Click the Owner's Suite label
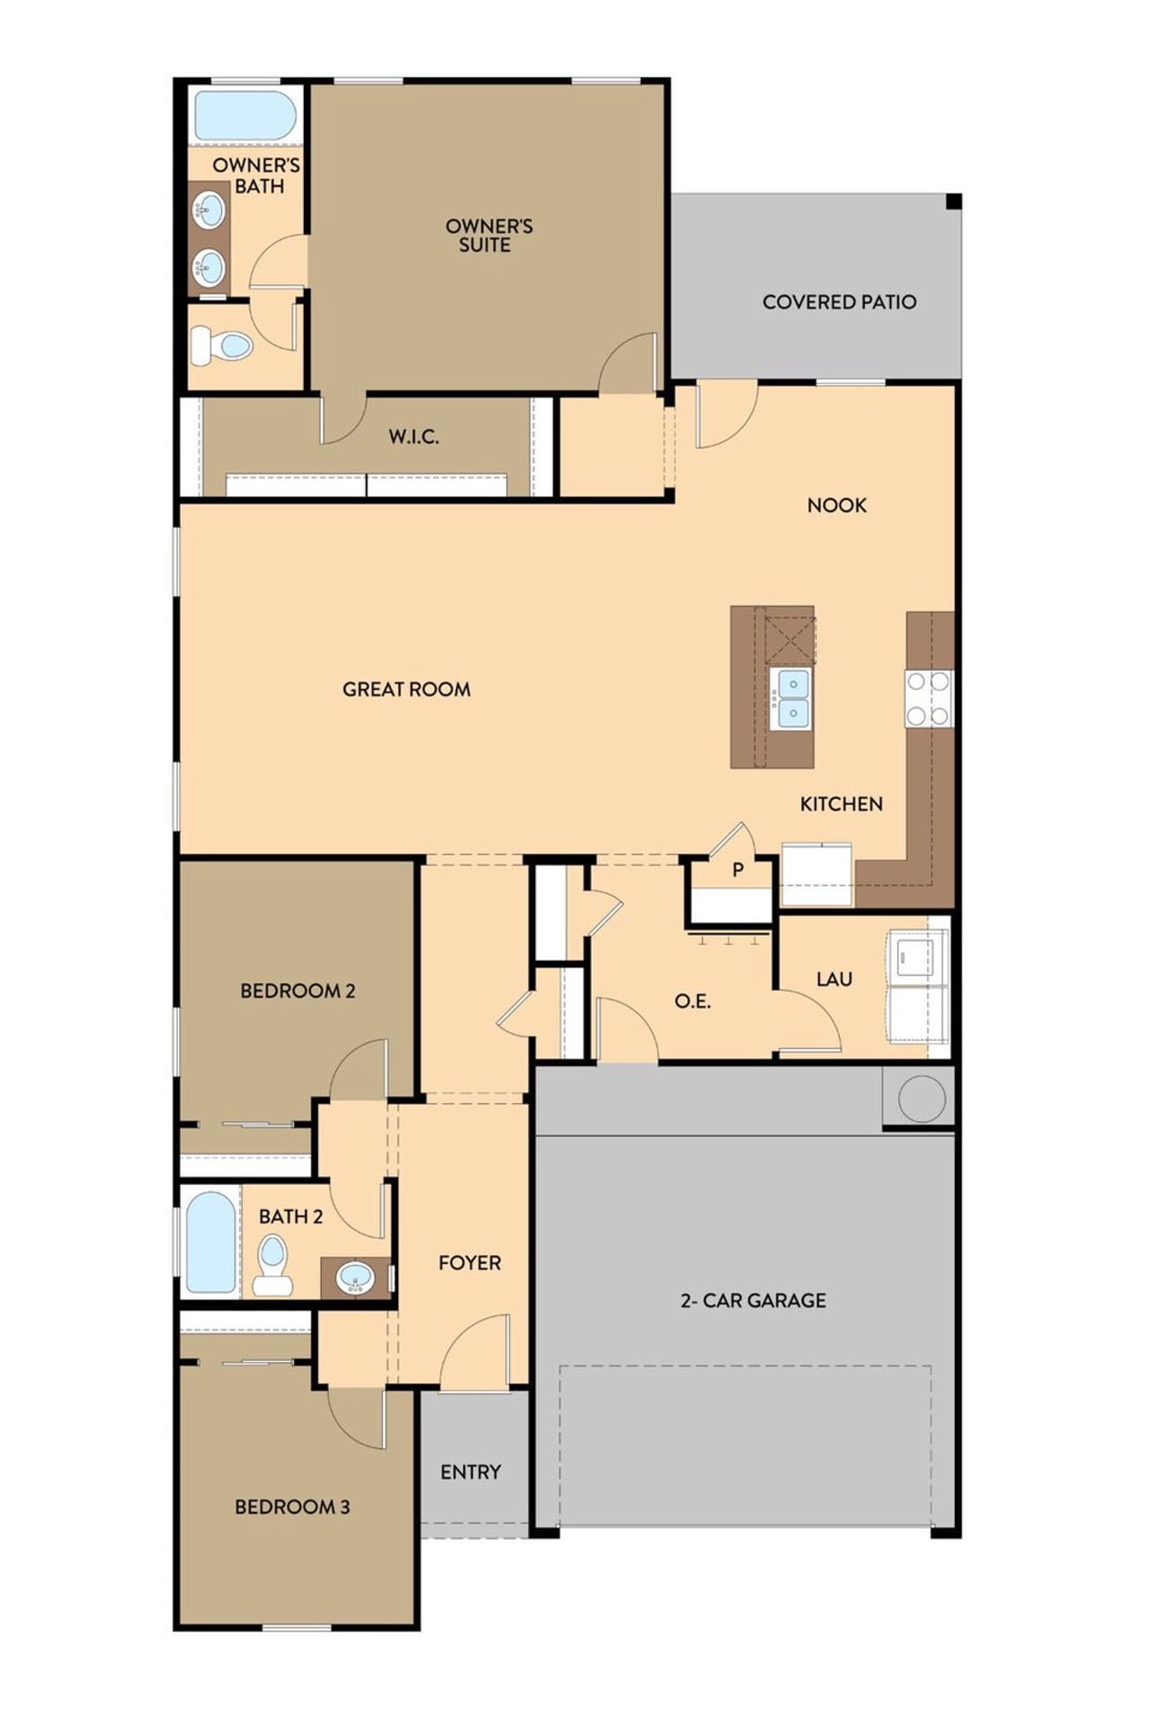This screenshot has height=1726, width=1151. click(x=488, y=236)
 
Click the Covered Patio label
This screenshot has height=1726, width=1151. click(x=839, y=302)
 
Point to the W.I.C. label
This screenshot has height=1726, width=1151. click(x=414, y=438)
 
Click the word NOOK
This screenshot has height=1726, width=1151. click(x=836, y=505)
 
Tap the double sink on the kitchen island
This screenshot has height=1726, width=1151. click(x=792, y=698)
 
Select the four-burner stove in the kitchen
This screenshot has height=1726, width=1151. click(x=928, y=698)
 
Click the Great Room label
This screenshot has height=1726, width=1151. click(x=406, y=690)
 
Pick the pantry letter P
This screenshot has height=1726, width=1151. click(x=738, y=870)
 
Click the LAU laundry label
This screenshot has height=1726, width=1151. click(x=834, y=979)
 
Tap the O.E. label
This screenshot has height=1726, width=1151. click(x=692, y=1001)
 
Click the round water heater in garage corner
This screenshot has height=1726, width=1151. click(x=921, y=1098)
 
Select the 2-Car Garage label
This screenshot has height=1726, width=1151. click(x=753, y=1300)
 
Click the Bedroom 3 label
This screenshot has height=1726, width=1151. click(x=292, y=1507)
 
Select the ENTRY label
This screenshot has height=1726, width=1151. click(x=470, y=1472)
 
